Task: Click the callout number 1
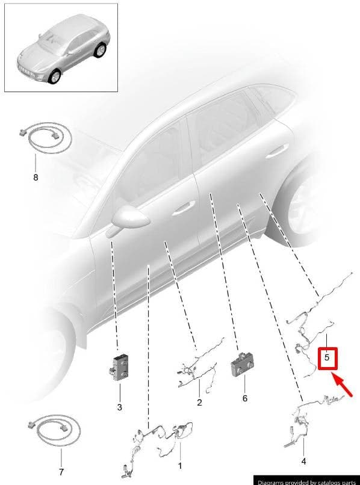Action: tap(180, 466)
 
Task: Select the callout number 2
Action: tap(199, 403)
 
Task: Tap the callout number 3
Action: tap(120, 407)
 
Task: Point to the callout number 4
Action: tap(303, 461)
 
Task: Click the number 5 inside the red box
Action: tap(327, 358)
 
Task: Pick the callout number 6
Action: tap(245, 398)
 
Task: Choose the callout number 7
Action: tap(61, 472)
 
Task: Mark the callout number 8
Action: tap(36, 178)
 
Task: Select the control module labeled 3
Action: tap(120, 366)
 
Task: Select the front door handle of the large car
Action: tap(184, 208)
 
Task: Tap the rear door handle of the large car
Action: tap(277, 151)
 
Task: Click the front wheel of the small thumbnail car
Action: tap(55, 76)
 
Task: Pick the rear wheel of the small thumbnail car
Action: tap(100, 50)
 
